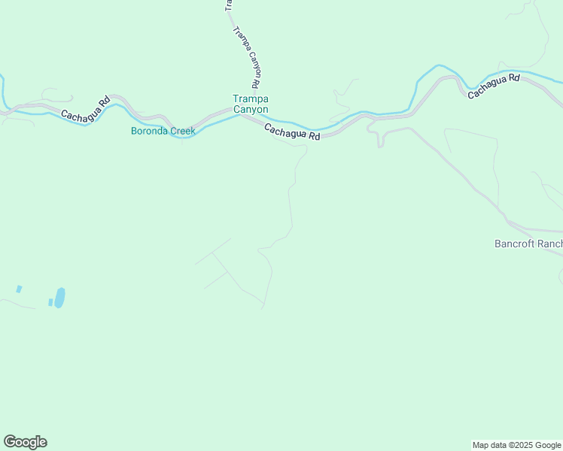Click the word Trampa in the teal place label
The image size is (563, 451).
point(251,98)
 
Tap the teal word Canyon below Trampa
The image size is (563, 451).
point(251,109)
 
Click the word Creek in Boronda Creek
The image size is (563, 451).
point(183,131)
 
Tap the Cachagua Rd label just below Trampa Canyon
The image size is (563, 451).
point(292,132)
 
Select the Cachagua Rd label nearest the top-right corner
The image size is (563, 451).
point(494,86)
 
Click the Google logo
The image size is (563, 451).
point(25,442)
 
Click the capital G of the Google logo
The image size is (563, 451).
point(10,442)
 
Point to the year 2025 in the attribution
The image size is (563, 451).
point(516,445)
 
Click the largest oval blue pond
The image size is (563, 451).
point(59,297)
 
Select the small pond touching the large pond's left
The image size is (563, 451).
point(50,302)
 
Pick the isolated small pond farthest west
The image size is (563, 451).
point(19,289)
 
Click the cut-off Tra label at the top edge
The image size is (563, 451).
point(228,5)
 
